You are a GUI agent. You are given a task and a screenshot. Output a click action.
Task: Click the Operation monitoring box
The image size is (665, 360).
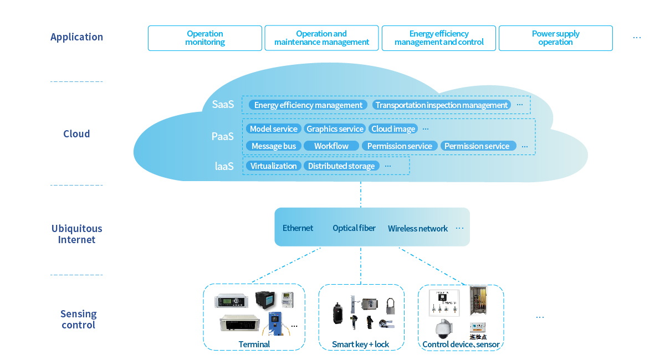(205, 38)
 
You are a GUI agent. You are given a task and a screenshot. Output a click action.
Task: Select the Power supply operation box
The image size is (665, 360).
(555, 38)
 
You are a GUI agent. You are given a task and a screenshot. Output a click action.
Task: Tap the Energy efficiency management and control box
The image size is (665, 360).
(439, 38)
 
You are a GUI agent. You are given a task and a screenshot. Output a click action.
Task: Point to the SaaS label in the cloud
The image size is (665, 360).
(223, 105)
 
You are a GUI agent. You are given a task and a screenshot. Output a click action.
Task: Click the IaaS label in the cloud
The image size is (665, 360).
(224, 166)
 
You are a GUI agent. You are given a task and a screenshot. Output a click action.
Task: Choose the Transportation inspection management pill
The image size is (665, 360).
(442, 105)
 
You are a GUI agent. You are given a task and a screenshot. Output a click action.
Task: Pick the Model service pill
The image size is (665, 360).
(274, 129)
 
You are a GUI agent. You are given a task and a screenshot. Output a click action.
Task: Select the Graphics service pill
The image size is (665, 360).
(335, 129)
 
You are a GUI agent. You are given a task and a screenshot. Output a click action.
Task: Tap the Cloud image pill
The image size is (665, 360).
(393, 129)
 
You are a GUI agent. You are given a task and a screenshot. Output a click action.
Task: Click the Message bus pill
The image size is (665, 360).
(274, 146)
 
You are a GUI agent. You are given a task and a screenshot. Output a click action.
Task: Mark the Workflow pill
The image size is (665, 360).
(331, 146)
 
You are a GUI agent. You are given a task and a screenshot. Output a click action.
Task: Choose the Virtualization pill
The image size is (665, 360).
(274, 166)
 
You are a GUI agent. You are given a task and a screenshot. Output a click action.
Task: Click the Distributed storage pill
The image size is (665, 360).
(341, 166)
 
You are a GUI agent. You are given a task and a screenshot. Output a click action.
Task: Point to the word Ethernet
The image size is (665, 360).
(298, 228)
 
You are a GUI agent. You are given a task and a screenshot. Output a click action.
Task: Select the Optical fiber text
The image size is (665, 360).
(354, 228)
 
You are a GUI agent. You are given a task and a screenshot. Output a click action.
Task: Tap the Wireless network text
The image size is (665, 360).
(418, 229)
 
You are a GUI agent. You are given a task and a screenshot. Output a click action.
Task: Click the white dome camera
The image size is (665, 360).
(443, 329)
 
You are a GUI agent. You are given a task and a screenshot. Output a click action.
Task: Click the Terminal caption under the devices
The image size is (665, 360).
(254, 344)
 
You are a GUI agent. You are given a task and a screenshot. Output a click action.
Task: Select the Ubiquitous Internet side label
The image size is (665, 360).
(76, 234)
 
